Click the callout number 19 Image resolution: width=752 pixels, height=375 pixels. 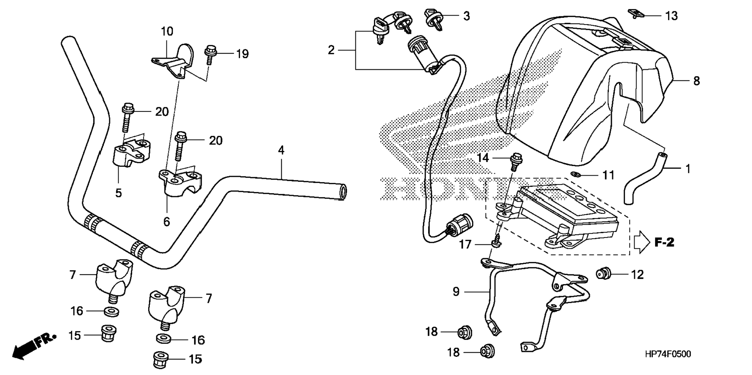point(242,54)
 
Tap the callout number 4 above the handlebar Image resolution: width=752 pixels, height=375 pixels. point(281,150)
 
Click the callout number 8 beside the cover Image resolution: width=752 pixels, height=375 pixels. point(696,81)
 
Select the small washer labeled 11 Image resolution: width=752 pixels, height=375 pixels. point(576,174)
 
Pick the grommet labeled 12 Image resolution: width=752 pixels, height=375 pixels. point(603,274)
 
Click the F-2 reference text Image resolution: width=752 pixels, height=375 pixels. point(664,243)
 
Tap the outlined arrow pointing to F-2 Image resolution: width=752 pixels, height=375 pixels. point(642,243)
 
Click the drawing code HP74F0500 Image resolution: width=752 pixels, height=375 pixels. point(668,354)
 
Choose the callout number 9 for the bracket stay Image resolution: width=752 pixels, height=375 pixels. point(456,291)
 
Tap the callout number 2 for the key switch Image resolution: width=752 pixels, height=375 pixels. point(331,50)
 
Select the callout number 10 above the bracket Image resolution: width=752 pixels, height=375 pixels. point(167,31)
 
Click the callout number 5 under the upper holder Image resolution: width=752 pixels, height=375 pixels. point(119,193)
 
